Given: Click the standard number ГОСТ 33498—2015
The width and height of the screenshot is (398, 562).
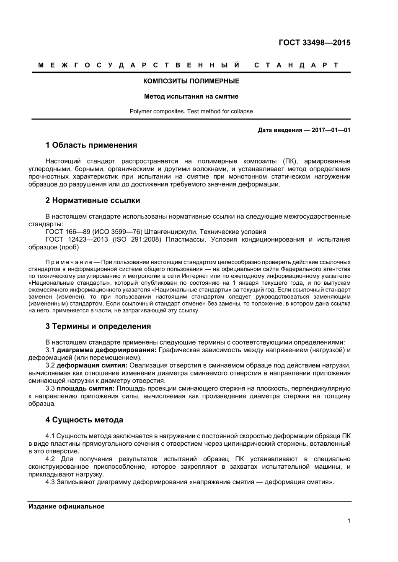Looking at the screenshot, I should (x=314, y=43).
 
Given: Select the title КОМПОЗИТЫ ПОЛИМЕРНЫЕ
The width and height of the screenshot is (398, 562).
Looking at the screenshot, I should (x=191, y=81).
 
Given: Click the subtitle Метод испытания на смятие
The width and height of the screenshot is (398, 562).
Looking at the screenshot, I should (x=191, y=96).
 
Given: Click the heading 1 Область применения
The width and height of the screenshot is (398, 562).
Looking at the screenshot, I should (x=91, y=145).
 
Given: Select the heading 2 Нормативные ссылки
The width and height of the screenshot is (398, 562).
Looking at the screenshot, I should (x=93, y=200).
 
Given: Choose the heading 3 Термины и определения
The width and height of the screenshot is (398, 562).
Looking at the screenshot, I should (x=98, y=326).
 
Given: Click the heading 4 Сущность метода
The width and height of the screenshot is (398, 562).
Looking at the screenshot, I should (x=84, y=420).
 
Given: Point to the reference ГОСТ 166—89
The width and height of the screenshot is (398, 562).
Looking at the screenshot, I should (x=67, y=232).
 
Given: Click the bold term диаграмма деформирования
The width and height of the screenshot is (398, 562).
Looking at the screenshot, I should (x=106, y=350).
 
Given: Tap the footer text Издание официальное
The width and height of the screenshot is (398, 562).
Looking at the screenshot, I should (x=66, y=506).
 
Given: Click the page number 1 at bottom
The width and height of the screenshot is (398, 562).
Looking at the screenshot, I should (x=349, y=521).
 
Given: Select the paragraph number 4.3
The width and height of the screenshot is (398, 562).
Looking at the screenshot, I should (x=50, y=482).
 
